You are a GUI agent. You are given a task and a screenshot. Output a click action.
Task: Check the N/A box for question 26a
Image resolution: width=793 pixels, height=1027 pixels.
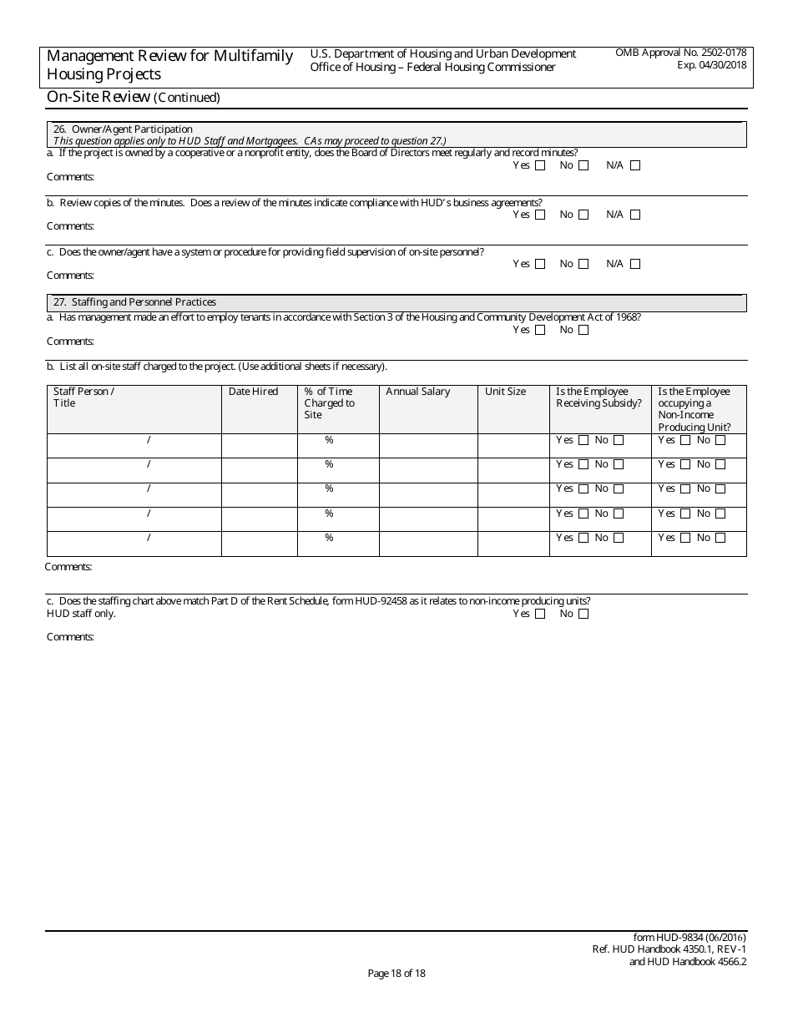[635, 165]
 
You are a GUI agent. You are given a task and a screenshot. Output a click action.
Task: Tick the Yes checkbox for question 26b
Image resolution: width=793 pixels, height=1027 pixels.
[540, 215]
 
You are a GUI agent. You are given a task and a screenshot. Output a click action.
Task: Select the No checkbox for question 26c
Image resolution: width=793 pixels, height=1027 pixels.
[583, 264]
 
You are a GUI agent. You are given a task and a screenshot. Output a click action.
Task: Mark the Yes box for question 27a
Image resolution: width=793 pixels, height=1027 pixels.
[540, 330]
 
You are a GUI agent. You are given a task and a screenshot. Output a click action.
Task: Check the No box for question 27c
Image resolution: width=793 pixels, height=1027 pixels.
[583, 614]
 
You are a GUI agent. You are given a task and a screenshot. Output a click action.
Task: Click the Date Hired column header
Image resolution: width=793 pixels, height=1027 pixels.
[253, 392]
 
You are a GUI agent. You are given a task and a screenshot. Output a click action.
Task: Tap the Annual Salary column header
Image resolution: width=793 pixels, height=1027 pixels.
[417, 392]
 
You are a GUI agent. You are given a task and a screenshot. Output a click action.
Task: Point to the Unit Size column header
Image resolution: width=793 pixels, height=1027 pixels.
[505, 392]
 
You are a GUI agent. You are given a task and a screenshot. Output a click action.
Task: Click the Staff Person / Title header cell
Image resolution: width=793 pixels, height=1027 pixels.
[83, 397]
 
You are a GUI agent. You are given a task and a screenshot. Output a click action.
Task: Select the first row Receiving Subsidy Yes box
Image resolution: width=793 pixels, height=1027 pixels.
[583, 440]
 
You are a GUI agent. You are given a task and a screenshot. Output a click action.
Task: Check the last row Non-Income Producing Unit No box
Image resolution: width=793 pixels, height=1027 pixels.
[720, 539]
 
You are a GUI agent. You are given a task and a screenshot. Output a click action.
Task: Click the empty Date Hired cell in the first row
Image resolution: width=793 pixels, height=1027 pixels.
[259, 445]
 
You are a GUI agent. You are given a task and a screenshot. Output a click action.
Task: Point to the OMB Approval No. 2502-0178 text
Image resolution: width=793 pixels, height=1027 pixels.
[680, 53]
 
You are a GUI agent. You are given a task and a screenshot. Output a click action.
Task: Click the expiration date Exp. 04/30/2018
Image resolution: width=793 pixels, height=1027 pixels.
[712, 64]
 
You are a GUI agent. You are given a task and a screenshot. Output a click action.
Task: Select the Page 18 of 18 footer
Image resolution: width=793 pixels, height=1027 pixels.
[396, 973]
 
